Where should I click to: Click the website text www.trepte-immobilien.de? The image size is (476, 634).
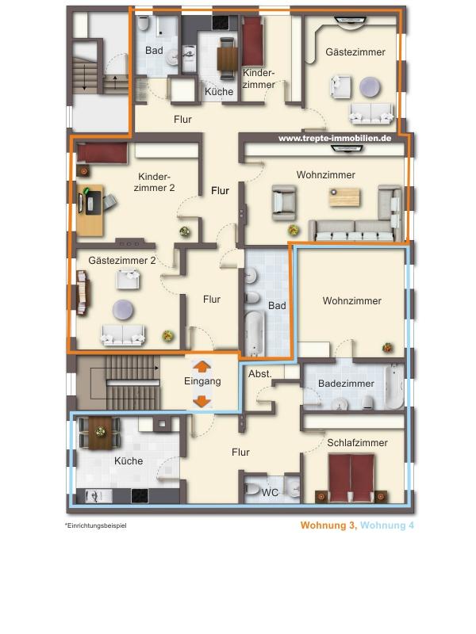335,138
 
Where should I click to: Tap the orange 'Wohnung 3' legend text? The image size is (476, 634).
328,525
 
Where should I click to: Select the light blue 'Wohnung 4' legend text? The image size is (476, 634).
387,525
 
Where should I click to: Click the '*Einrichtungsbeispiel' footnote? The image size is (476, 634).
95,525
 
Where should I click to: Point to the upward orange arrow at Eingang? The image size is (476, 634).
202,366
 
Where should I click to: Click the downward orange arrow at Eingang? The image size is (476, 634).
202,401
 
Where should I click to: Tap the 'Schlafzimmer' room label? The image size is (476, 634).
358,443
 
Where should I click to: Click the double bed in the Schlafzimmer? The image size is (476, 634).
351,478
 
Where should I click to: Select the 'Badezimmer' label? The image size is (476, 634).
346,384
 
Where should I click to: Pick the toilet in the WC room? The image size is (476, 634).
252,490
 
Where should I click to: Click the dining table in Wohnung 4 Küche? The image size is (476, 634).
100,433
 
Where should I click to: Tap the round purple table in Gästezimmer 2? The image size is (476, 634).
123,310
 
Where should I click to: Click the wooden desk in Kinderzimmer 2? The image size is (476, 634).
90,210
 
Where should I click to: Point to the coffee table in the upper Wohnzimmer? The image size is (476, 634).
344,197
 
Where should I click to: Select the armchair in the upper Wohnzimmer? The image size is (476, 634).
284,203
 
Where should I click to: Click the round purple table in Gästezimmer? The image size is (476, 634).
370,87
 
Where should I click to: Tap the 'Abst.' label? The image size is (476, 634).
260,374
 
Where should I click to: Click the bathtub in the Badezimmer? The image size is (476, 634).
394,386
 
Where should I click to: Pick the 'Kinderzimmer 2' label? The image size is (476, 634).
154,182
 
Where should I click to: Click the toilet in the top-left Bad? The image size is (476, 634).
144,24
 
